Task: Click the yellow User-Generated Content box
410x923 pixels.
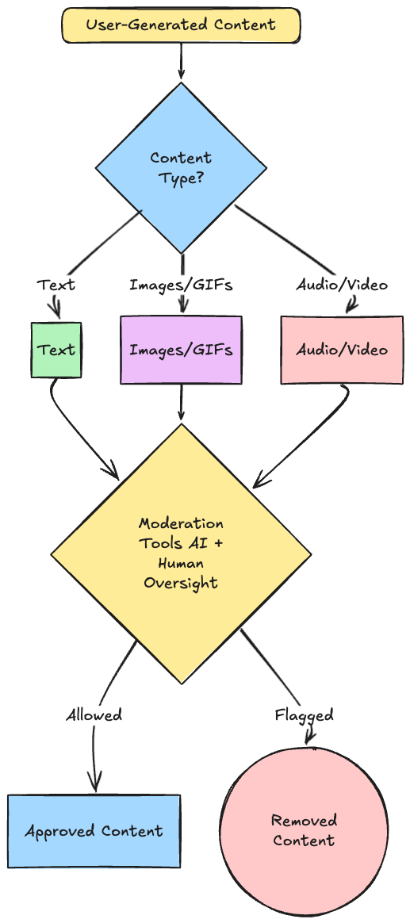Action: tap(181, 25)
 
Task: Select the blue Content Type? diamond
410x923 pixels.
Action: tap(181, 168)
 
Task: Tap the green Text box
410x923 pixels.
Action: tap(56, 350)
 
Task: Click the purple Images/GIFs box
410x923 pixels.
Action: tap(181, 350)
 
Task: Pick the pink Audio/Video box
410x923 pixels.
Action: tap(342, 350)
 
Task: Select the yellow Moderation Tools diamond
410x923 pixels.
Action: tap(181, 554)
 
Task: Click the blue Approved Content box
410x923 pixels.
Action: tap(94, 831)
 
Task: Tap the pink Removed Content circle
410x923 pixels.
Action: tap(304, 830)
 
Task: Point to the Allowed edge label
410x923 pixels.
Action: tap(94, 715)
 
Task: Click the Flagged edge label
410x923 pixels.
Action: tap(304, 715)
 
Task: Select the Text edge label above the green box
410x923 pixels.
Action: tap(56, 285)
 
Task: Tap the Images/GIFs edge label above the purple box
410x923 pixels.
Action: tap(181, 285)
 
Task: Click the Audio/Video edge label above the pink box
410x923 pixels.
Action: tap(342, 285)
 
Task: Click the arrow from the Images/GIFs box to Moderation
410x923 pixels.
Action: tap(181, 404)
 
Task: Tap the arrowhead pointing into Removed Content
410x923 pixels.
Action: tap(308, 737)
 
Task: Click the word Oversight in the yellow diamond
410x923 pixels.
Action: tap(181, 583)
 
